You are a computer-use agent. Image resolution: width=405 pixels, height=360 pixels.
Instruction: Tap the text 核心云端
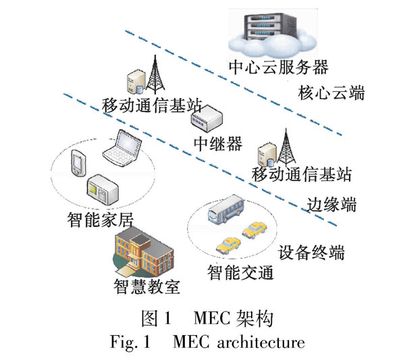tap(331, 93)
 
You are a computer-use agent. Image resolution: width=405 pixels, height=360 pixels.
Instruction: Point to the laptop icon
tap(122, 147)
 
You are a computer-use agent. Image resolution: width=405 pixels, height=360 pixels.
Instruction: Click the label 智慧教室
tap(146, 286)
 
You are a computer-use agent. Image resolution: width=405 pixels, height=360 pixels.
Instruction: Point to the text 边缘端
tap(331, 203)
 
